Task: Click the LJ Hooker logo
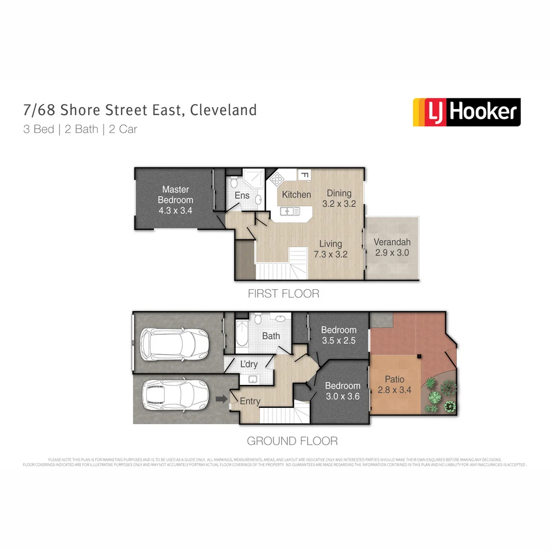click(x=466, y=112)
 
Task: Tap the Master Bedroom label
click(x=176, y=195)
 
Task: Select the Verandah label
click(x=392, y=242)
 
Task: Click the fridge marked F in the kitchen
click(x=304, y=175)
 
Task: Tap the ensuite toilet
click(x=233, y=182)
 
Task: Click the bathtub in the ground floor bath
click(x=242, y=336)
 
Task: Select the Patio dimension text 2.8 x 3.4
click(x=395, y=391)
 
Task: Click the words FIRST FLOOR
click(x=284, y=294)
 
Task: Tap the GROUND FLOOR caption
click(x=292, y=441)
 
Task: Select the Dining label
click(x=339, y=193)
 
